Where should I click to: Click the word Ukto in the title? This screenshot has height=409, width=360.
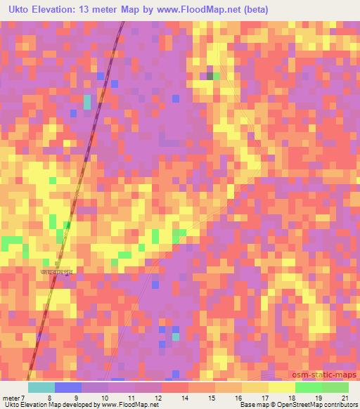click(x=17, y=8)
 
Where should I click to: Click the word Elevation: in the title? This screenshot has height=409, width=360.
click(x=60, y=8)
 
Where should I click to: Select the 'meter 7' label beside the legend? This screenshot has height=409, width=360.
click(x=13, y=397)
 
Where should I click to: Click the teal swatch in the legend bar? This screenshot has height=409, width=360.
click(x=41, y=387)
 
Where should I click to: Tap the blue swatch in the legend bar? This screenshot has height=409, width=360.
click(x=68, y=387)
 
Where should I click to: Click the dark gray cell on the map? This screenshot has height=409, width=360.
click(x=210, y=75)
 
